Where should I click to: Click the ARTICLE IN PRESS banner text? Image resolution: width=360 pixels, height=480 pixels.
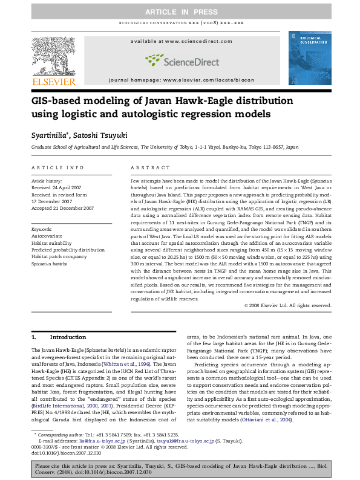click(180, 11)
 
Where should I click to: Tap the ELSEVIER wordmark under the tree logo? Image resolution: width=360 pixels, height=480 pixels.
click(54, 81)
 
